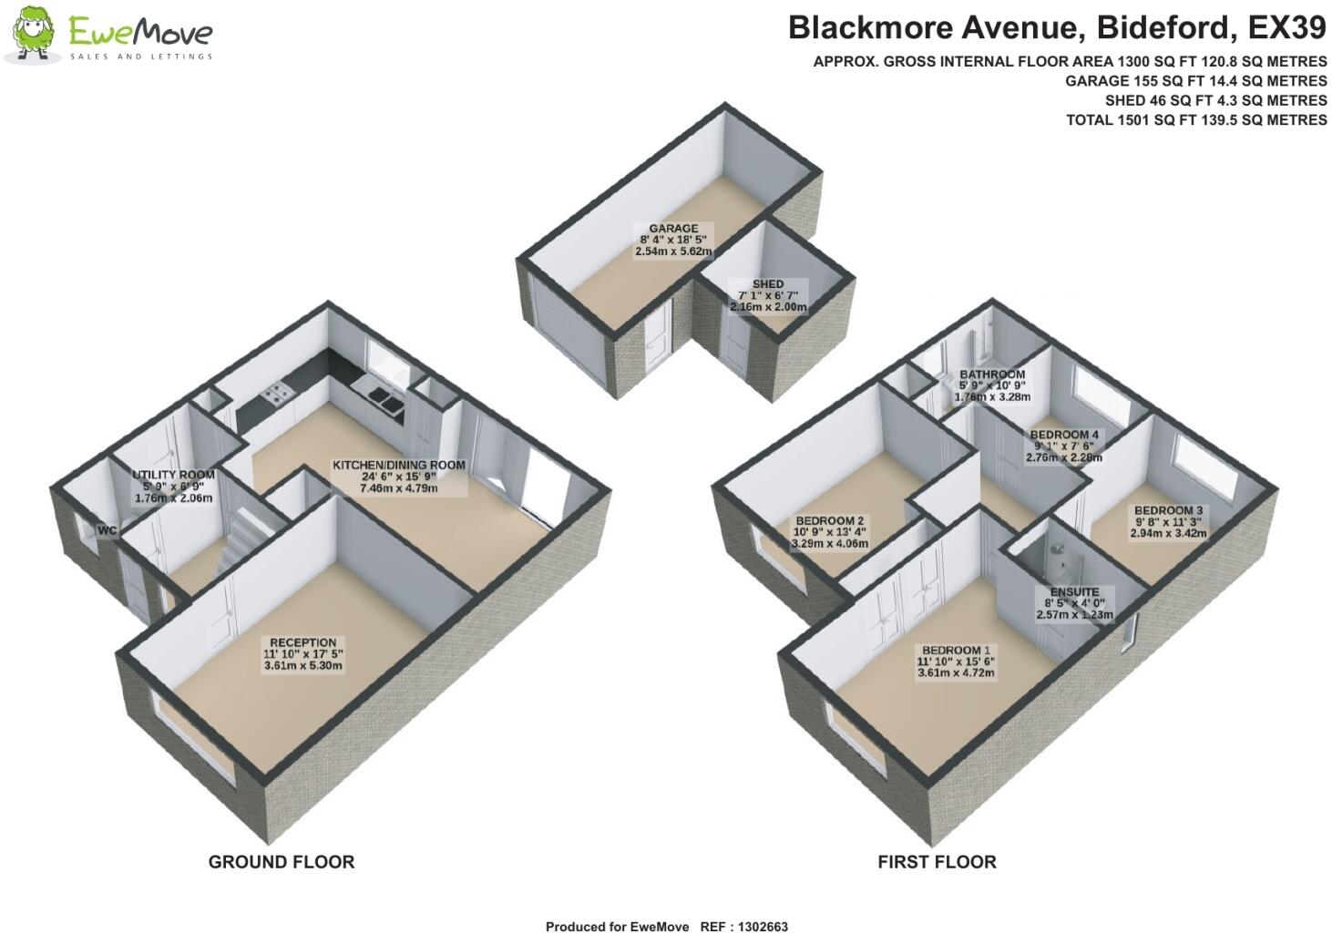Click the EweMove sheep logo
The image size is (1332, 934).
[33, 34]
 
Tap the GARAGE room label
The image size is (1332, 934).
[673, 229]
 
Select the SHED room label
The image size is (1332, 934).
[768, 284]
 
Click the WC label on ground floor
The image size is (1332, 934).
[108, 529]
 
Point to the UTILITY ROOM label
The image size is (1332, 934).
[173, 475]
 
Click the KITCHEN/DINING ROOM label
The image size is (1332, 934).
[398, 465]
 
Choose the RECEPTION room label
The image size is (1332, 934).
[302, 642]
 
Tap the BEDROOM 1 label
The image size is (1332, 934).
[955, 651]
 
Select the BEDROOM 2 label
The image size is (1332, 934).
[829, 520]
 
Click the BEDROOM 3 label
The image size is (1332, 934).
[1168, 510]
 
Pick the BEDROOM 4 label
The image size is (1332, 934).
[1064, 435]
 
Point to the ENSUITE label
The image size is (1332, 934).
[1074, 591]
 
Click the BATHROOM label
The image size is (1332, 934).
[992, 375]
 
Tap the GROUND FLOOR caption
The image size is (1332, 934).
[281, 862]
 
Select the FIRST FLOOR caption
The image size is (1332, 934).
[937, 862]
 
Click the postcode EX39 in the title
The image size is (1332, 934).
[1286, 28]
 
